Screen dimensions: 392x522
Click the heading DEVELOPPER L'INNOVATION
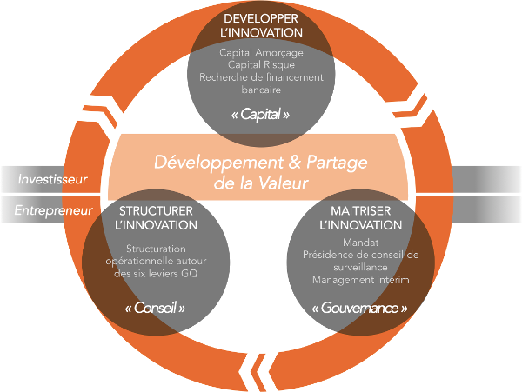click(262, 25)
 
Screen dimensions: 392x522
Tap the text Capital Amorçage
click(262, 52)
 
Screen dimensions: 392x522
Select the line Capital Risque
click(262, 64)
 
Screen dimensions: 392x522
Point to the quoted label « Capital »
click(261, 113)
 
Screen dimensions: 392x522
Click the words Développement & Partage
click(261, 161)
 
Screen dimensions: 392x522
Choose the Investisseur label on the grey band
click(53, 179)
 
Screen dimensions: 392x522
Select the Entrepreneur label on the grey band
click(53, 209)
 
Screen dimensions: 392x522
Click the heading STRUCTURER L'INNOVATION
click(157, 218)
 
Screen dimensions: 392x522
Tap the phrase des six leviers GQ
click(157, 273)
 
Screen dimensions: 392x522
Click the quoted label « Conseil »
click(157, 308)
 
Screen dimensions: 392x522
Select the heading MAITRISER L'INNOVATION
click(366, 218)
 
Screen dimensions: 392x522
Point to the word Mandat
click(366, 243)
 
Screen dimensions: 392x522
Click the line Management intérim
click(366, 280)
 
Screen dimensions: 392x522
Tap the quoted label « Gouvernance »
click(366, 308)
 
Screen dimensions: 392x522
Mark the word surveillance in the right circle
click(366, 268)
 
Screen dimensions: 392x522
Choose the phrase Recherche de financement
click(262, 76)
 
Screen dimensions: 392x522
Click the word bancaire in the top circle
click(262, 89)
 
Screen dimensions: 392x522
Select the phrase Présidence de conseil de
click(366, 256)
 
